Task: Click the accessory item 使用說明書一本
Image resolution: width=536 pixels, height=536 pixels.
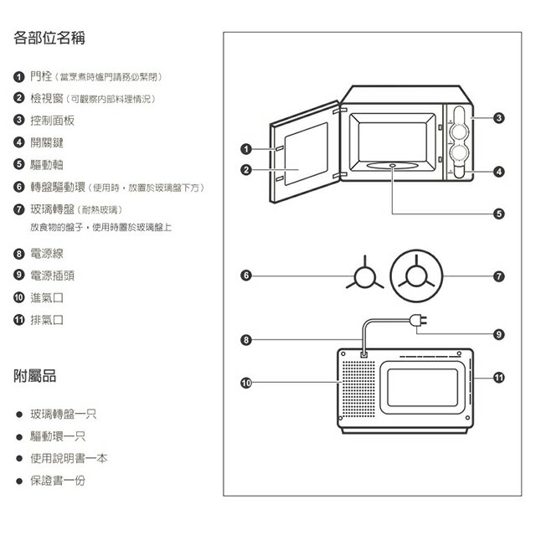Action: coord(69,459)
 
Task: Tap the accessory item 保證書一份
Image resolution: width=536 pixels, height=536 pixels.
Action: coord(58,482)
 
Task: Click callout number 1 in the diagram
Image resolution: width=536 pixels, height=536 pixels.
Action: coord(246,150)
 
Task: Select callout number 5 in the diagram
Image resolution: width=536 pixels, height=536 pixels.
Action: coord(499,214)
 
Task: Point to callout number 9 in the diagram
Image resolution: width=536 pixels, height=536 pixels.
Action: coord(499,334)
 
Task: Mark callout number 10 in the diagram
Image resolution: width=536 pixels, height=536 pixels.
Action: coord(246,383)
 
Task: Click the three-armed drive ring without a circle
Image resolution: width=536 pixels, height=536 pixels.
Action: coord(363,276)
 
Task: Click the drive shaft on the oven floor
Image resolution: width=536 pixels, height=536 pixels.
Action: coord(394,166)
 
